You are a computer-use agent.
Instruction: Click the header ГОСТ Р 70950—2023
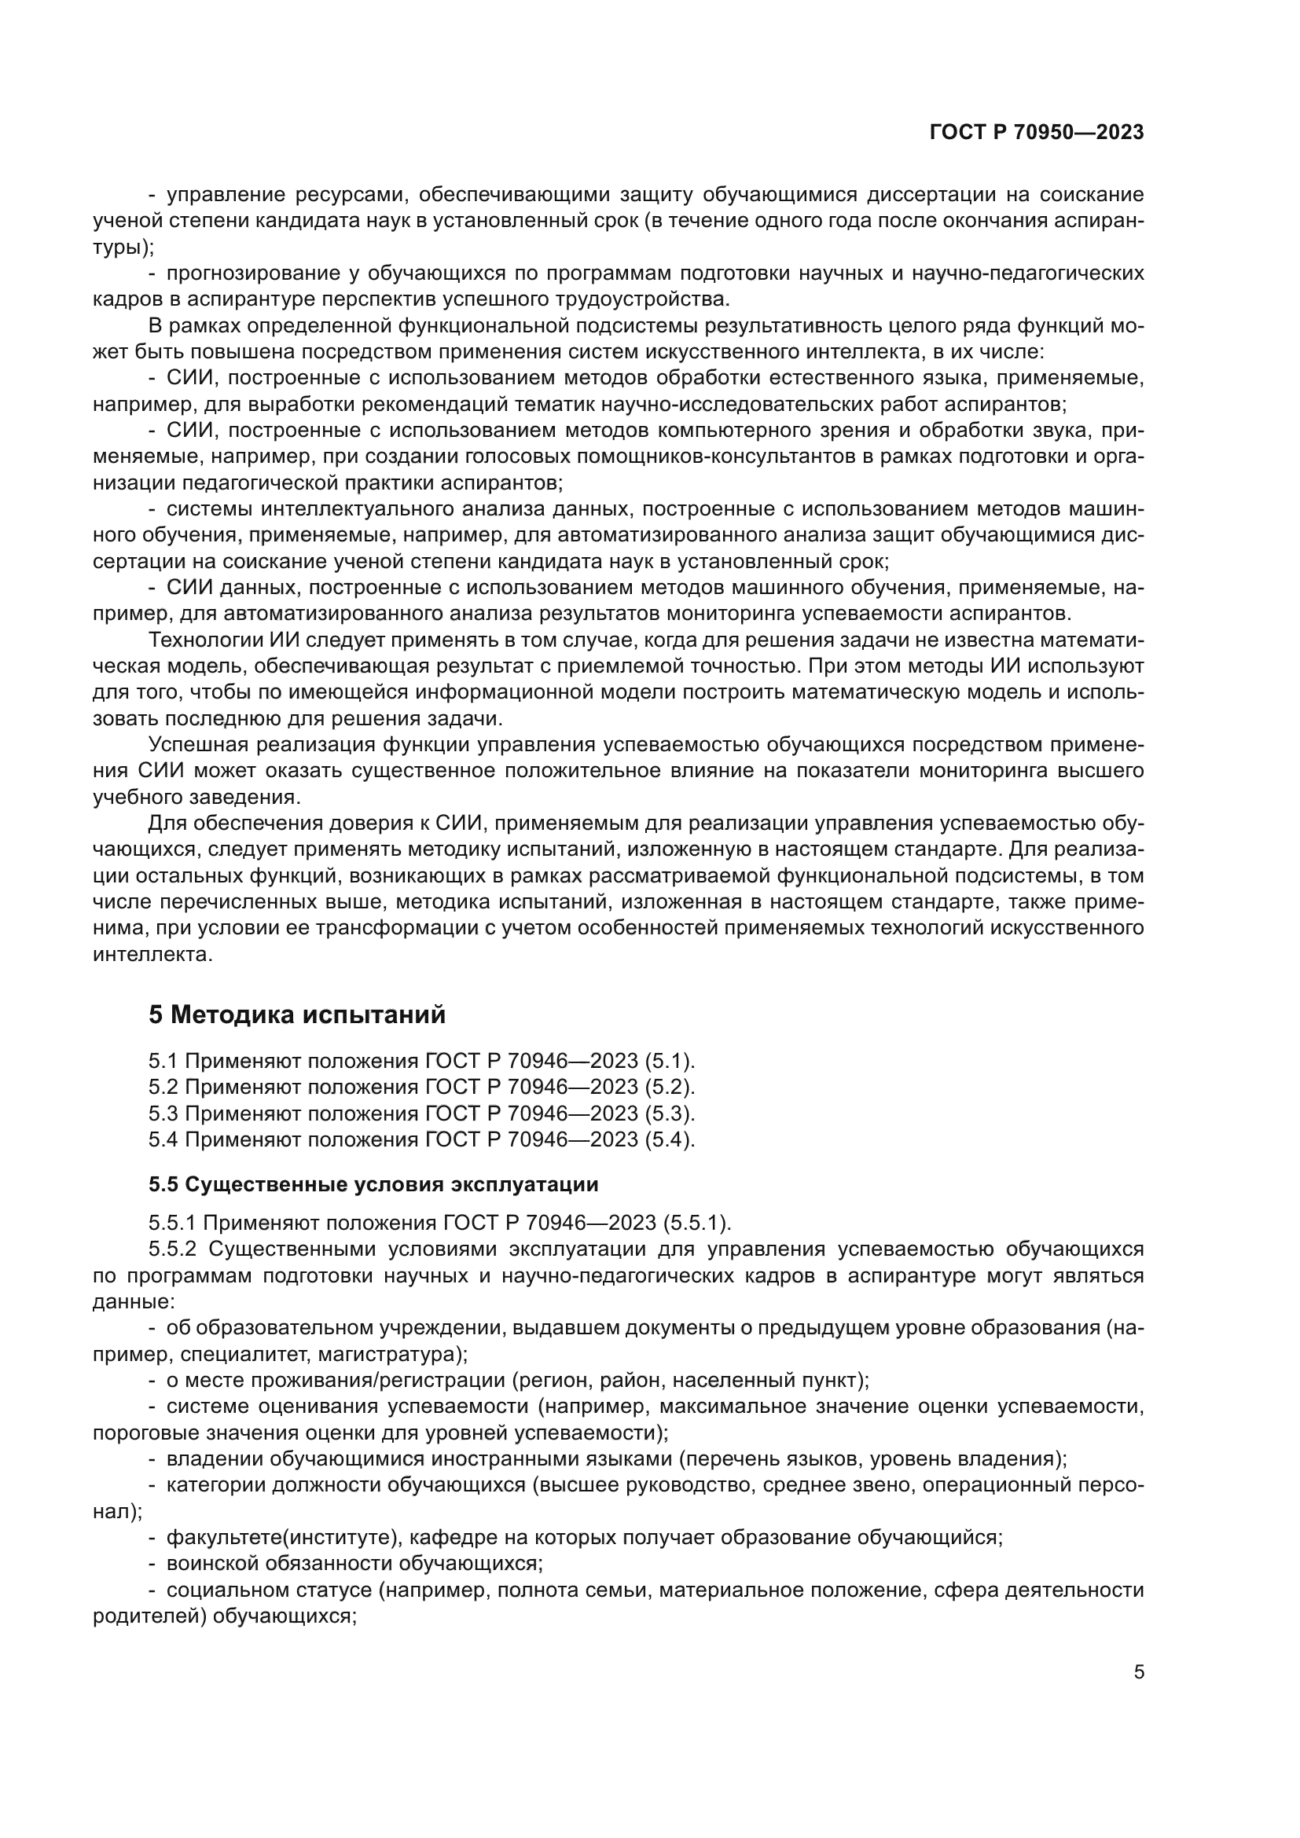click(1036, 133)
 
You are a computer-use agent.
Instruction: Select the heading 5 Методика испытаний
click(297, 1014)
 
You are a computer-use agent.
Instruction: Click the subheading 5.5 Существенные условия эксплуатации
click(373, 1184)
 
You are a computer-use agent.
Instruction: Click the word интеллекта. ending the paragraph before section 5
click(153, 954)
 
